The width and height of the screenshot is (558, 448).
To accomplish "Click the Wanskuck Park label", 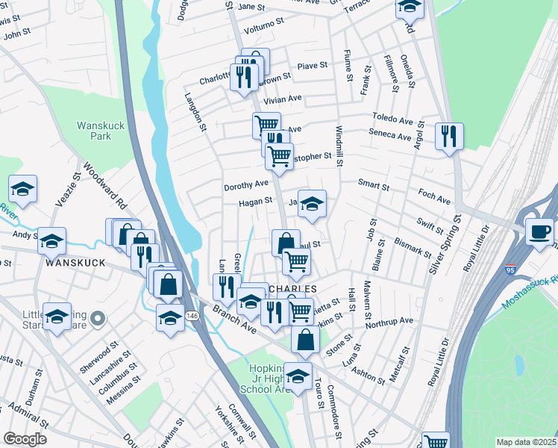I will [x=95, y=131].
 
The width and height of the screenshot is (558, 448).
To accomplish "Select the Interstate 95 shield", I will [x=510, y=267].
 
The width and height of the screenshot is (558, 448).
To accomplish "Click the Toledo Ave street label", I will [x=393, y=119].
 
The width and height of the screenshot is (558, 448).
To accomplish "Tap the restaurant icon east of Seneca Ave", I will [x=449, y=136].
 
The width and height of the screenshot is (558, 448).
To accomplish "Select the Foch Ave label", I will [x=434, y=200].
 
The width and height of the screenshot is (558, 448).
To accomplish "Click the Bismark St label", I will [x=413, y=249].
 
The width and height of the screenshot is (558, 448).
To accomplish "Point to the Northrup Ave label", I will [x=389, y=321].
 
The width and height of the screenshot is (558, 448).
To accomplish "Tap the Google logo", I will [x=25, y=439].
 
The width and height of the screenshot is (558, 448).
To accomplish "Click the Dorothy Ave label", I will [x=246, y=184].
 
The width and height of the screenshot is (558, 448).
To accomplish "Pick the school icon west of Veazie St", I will [x=23, y=190].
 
